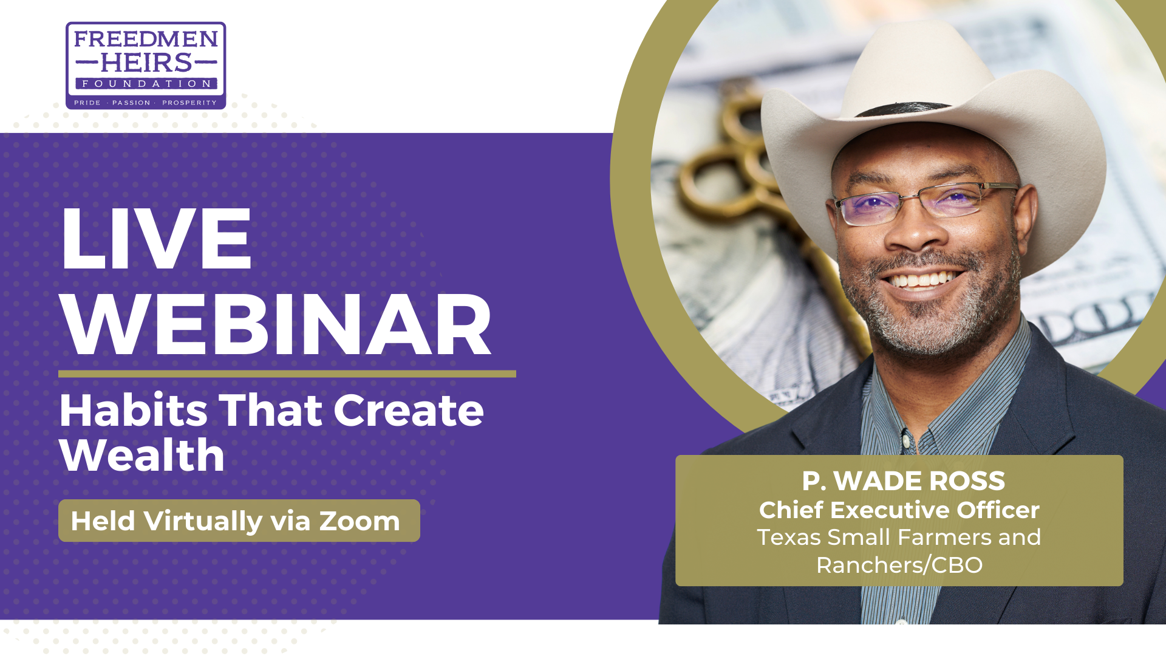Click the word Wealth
tap(142, 454)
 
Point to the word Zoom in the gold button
tap(360, 521)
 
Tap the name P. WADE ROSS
tap(903, 481)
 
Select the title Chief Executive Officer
tap(899, 510)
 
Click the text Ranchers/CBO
tap(899, 565)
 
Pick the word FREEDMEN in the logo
tap(146, 39)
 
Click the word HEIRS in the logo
tap(146, 62)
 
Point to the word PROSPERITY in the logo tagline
tap(189, 103)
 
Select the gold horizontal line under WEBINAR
tap(287, 374)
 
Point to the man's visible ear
tap(1023, 216)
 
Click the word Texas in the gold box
tap(789, 538)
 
